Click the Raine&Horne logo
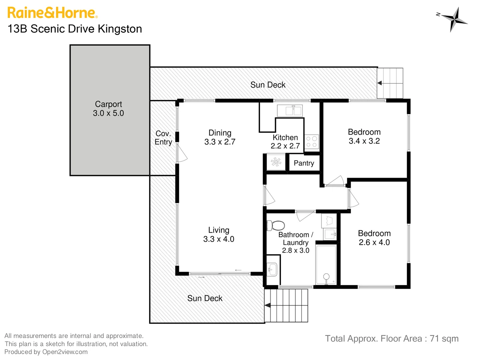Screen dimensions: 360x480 click(x=52, y=13)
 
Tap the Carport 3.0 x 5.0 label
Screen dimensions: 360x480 click(x=108, y=109)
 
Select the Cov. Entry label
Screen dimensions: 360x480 click(x=163, y=138)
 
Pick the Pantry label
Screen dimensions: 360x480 click(x=304, y=163)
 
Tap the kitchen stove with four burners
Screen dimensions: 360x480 click(x=312, y=142)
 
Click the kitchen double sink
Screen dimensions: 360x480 click(x=290, y=110)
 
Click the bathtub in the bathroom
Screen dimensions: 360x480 click(x=326, y=265)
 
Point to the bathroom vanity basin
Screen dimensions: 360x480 click(x=272, y=268)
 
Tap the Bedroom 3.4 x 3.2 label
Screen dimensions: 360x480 click(x=364, y=136)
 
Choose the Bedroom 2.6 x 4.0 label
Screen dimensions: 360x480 click(x=374, y=238)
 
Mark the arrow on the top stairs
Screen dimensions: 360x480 click(x=380, y=83)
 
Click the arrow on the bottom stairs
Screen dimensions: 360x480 click(x=268, y=305)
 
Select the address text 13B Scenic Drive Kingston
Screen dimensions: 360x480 click(x=75, y=29)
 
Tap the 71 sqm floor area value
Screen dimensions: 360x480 click(x=444, y=339)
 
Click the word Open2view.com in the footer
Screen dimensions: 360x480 click(x=65, y=352)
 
